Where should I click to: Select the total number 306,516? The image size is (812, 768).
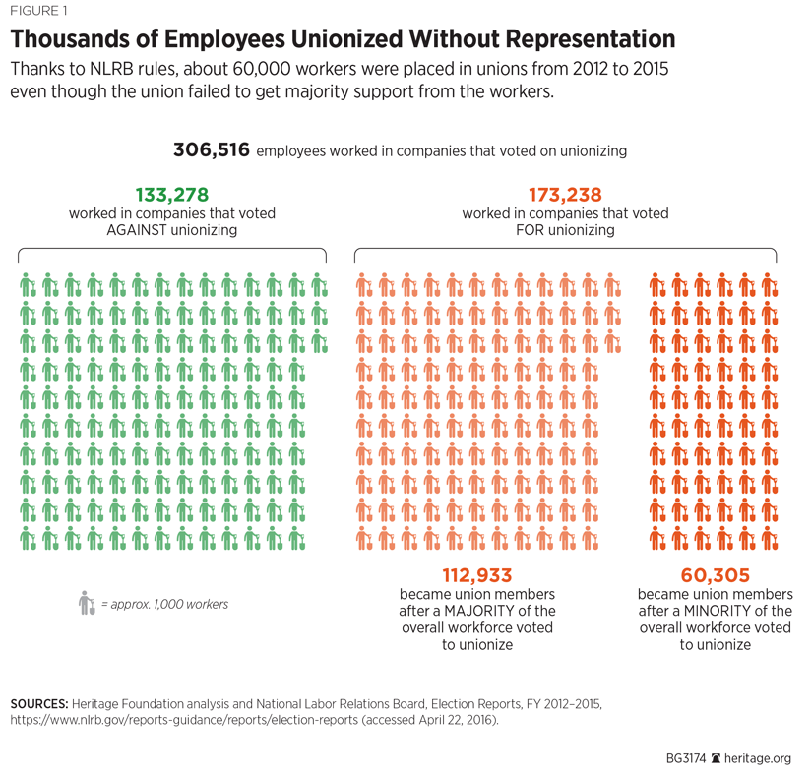click(x=212, y=150)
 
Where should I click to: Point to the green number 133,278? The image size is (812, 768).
click(x=171, y=195)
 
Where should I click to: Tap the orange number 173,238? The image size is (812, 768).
click(x=565, y=195)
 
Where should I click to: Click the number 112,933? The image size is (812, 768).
click(x=477, y=575)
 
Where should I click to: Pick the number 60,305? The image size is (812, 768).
click(x=715, y=575)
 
